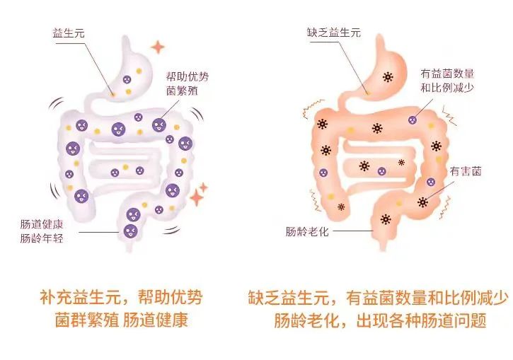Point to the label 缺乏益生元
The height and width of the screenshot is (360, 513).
point(333,33)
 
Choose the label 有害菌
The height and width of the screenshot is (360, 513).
point(466,171)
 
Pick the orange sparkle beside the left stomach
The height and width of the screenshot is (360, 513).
point(156,48)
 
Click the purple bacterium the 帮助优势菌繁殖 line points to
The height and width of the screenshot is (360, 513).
point(158,126)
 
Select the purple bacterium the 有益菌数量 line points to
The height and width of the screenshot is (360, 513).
point(412,120)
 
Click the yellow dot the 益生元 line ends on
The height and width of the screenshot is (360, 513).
point(112,93)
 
